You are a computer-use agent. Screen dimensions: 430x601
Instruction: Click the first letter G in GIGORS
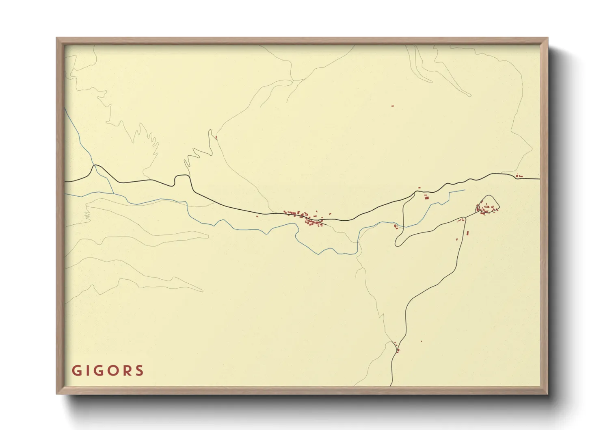[x=76, y=371]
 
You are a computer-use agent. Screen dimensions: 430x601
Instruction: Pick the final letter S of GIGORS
[x=140, y=371]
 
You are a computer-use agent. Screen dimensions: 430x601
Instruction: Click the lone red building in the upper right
[x=393, y=106]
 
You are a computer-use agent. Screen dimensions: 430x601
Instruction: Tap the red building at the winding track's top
[x=216, y=137]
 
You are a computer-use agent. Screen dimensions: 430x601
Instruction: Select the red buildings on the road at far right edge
[x=519, y=176]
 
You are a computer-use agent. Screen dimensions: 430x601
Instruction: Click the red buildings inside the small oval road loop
[x=486, y=208]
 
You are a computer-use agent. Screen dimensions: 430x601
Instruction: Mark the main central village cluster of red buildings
[x=307, y=217]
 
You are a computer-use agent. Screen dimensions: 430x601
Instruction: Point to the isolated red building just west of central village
[x=257, y=216]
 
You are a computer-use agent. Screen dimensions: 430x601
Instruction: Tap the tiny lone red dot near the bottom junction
[x=421, y=341]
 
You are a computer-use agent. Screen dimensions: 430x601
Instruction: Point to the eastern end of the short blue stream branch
[x=464, y=190]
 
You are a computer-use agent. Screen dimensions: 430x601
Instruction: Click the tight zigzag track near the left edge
[x=87, y=216]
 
